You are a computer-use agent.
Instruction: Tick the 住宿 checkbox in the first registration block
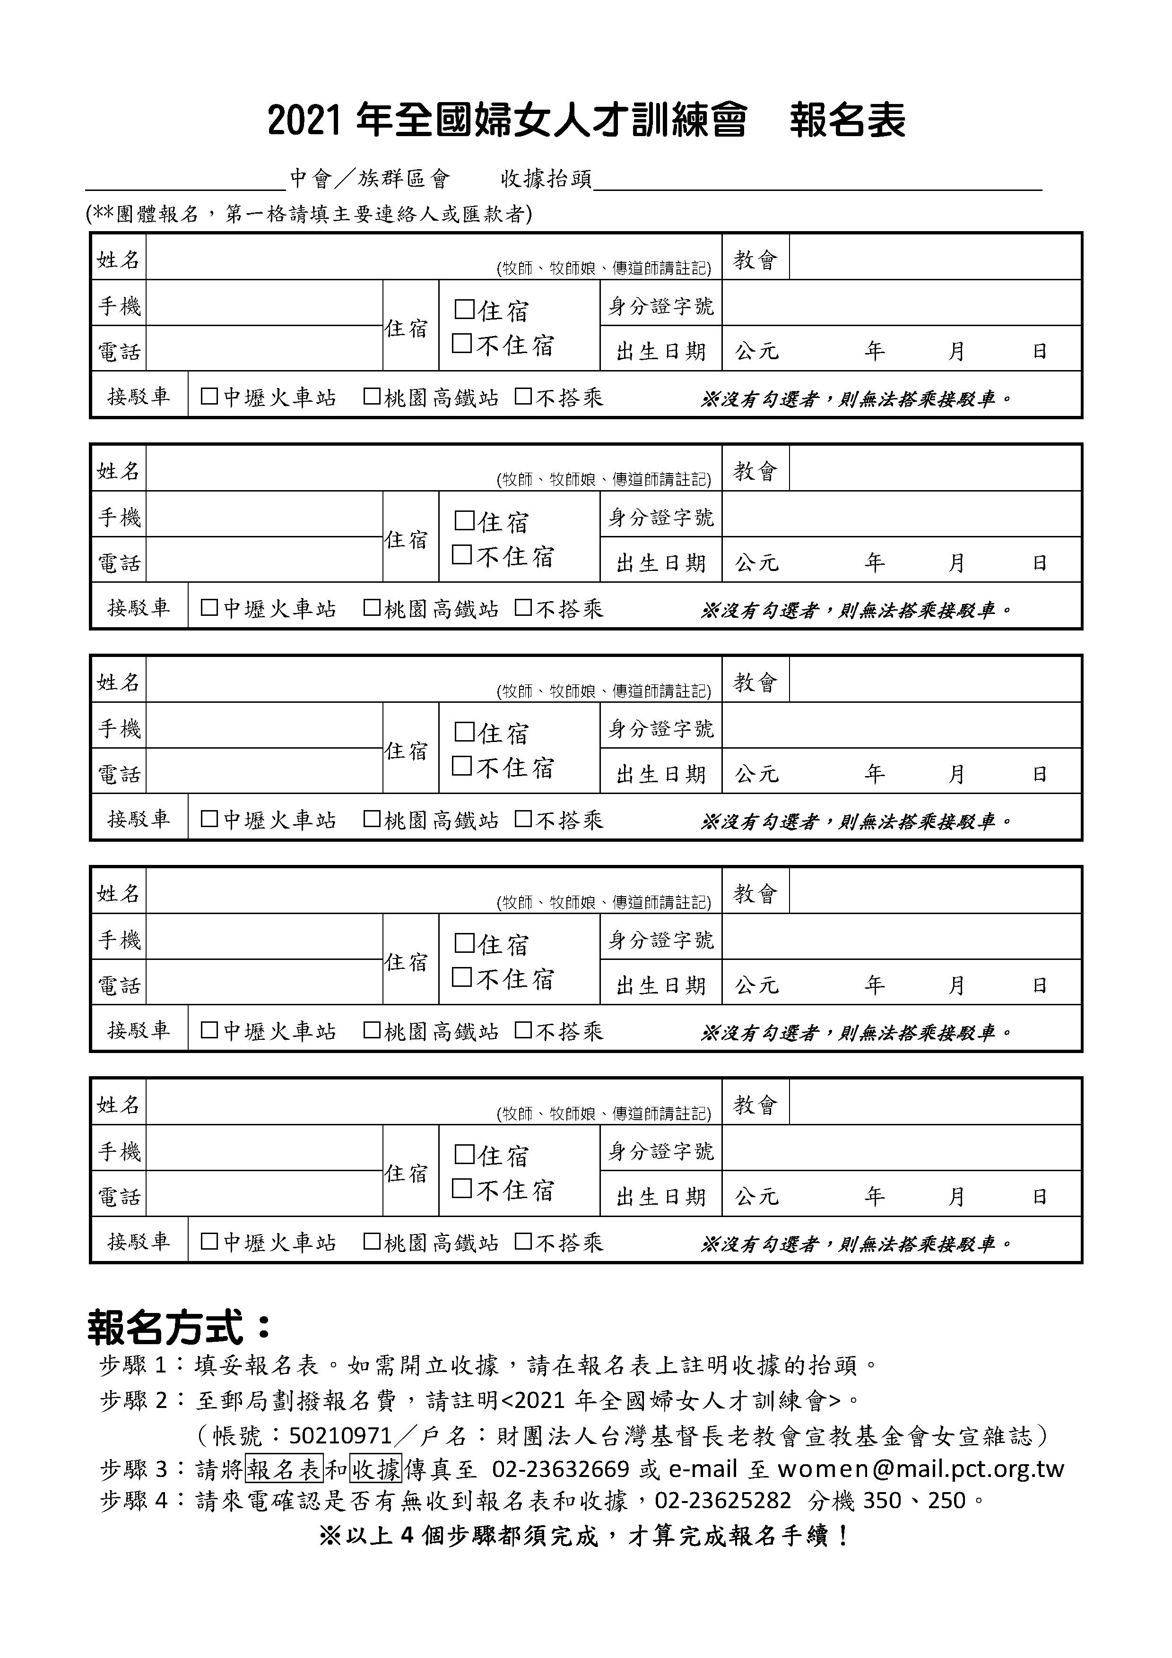(464, 310)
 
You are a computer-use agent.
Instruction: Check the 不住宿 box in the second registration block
(461, 554)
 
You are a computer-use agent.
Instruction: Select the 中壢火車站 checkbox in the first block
(209, 397)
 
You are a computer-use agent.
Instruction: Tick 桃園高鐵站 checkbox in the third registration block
(372, 819)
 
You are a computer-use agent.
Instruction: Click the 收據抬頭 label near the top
(546, 178)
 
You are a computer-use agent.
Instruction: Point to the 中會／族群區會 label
(370, 178)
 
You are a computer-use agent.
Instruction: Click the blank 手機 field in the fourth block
(264, 937)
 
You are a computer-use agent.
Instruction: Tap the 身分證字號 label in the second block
(661, 517)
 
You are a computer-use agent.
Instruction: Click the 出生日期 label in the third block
(661, 774)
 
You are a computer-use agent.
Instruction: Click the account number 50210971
(340, 1435)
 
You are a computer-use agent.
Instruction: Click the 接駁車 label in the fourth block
(139, 1030)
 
